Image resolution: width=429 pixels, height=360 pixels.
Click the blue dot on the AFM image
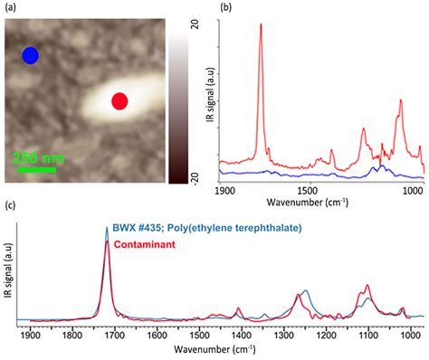[x=31, y=56]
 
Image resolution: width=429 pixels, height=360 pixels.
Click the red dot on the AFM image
[x=119, y=101]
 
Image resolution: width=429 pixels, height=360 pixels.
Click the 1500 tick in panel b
[x=310, y=192]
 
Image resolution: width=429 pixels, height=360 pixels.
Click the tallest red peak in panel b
[x=262, y=25]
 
